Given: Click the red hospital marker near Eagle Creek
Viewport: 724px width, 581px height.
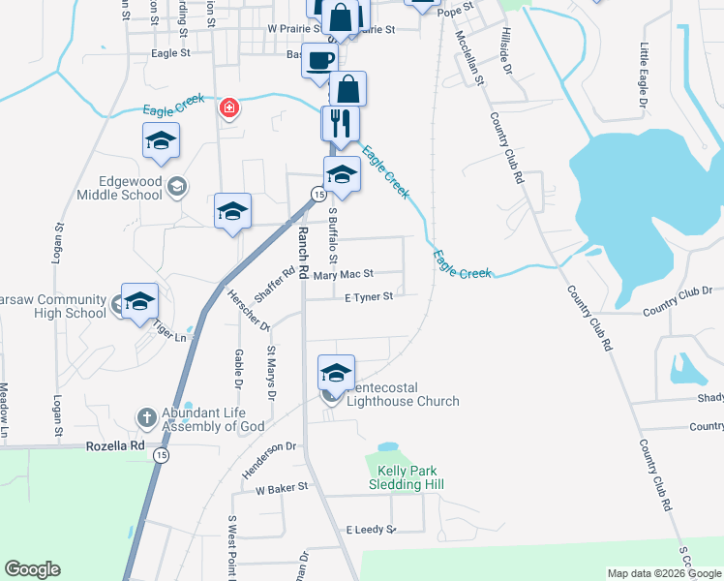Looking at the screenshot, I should point(229,107).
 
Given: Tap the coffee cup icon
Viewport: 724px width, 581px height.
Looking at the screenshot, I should point(321,60).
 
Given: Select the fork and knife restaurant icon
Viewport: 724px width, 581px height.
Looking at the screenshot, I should point(340,122).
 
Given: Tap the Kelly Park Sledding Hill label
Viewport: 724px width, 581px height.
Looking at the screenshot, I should point(395,476).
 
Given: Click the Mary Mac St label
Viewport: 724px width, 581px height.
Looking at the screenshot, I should point(344,276).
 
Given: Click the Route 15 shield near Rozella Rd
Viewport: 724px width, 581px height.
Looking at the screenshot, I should point(162,455).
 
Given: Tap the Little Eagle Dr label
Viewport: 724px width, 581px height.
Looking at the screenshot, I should point(644,67).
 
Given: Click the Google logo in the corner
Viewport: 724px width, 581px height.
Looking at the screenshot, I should point(32,569).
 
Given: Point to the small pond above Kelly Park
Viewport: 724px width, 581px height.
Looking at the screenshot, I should point(387,447).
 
